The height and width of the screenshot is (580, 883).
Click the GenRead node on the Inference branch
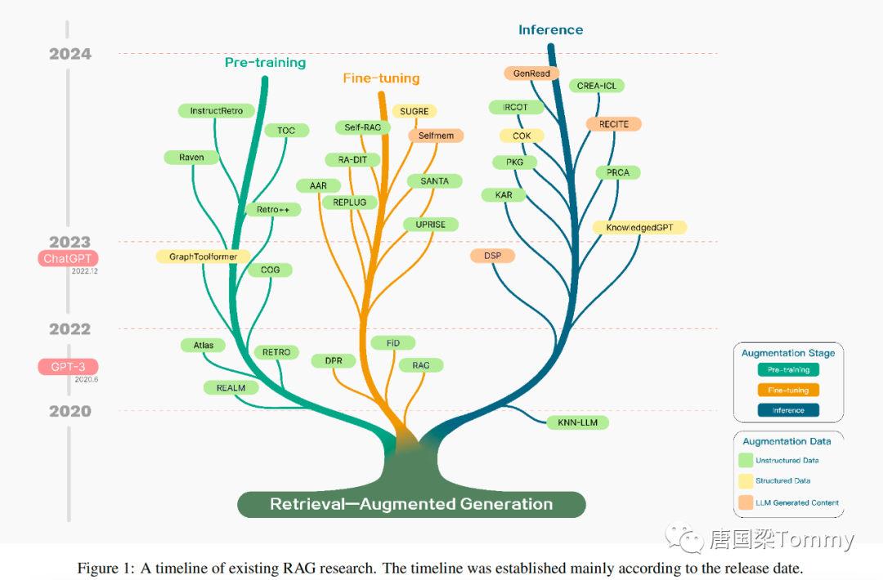531,74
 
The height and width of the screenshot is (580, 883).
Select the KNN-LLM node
578,422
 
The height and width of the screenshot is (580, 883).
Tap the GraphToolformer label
203,257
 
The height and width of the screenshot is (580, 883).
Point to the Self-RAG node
363,127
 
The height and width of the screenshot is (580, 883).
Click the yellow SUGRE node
415,111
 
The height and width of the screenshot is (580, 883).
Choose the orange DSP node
492,256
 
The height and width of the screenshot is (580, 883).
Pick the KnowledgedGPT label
639,227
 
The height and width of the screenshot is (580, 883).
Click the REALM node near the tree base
231,387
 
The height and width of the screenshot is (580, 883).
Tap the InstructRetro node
216,110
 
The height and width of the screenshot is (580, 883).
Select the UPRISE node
430,224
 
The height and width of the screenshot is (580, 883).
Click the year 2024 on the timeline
70,55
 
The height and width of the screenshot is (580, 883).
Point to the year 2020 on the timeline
70,411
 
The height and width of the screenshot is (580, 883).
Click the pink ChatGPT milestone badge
67,258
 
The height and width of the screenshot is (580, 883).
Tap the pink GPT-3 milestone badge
68,367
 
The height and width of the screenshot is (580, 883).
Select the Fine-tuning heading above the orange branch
381,78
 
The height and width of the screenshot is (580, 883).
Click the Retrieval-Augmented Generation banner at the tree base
411,504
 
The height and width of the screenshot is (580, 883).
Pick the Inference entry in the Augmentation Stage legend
788,410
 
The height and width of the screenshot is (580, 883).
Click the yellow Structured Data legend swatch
746,481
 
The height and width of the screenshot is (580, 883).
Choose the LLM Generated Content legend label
796,502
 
